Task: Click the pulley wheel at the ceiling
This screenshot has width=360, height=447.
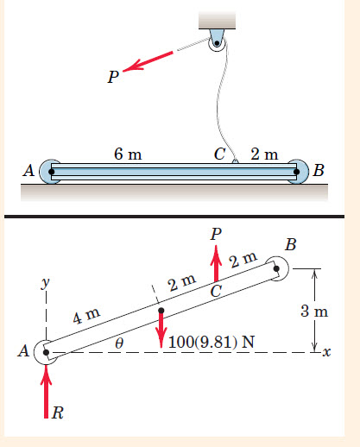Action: (218, 44)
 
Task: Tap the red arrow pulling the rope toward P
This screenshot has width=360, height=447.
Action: (148, 61)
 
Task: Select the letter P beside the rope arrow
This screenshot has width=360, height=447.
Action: (113, 77)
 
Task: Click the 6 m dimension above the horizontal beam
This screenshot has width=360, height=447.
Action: (128, 154)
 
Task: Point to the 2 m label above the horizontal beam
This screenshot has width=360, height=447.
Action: (264, 154)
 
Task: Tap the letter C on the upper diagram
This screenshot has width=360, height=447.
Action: (219, 154)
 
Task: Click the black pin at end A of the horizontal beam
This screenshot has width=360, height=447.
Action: (52, 172)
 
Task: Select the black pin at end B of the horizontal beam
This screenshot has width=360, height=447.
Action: (297, 172)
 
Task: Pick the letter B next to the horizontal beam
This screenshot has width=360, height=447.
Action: (319, 170)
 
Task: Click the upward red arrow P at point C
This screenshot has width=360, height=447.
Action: (216, 263)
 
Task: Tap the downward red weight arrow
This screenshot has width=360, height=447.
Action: (161, 331)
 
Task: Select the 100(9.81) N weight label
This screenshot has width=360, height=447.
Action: (212, 343)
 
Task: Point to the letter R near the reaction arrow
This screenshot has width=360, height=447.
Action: (58, 413)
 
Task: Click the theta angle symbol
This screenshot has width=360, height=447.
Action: (119, 343)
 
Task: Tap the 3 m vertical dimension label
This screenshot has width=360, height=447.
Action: (314, 312)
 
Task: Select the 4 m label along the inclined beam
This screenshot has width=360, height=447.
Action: (86, 316)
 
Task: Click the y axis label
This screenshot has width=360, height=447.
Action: (45, 283)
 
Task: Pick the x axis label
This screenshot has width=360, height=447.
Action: (326, 352)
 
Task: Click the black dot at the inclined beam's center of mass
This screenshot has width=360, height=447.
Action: (161, 311)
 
